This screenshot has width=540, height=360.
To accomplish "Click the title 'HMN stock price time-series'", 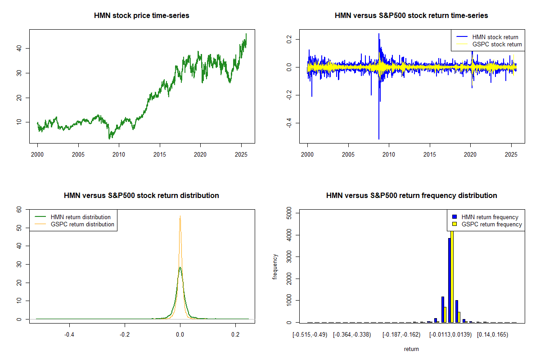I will [x=141, y=16].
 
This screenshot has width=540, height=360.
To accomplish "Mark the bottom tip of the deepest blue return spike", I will [x=378, y=139].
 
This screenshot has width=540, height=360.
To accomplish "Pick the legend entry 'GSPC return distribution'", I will [x=82, y=224].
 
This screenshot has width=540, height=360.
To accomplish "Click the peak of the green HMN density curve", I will [x=180, y=267].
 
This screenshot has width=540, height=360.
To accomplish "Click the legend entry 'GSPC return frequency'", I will [x=491, y=224].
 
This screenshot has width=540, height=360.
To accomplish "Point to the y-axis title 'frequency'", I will [x=275, y=266].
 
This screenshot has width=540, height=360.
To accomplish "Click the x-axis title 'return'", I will [x=411, y=349].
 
